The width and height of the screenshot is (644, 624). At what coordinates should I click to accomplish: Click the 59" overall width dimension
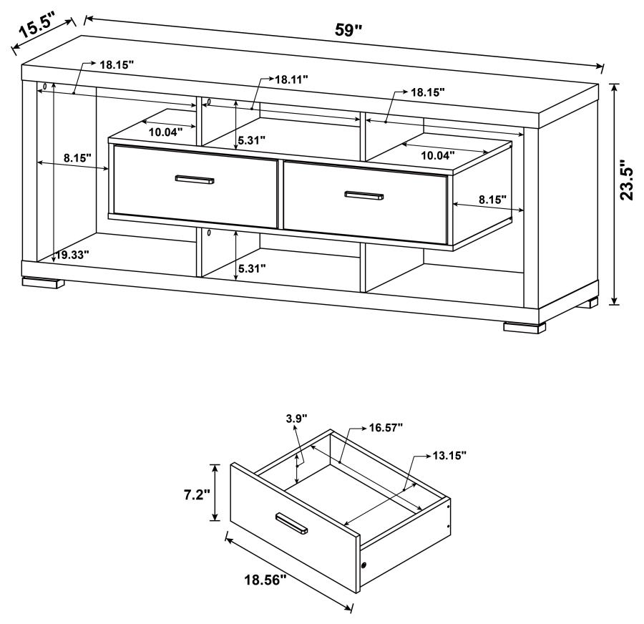[350, 31]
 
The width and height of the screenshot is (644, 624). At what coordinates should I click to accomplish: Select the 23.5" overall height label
[627, 180]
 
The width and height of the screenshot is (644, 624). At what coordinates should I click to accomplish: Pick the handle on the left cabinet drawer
[195, 180]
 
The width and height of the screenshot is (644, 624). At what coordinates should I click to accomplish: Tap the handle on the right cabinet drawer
[364, 195]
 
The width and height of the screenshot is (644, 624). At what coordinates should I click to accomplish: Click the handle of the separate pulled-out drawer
[291, 523]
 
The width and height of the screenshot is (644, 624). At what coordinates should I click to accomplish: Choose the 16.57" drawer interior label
[386, 427]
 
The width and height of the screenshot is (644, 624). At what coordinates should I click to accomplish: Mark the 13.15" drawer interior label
[449, 454]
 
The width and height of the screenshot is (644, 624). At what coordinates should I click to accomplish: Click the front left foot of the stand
[40, 283]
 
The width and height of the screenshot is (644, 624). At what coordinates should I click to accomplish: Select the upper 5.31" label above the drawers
[251, 140]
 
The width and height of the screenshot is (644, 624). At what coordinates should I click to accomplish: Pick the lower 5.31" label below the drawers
[251, 268]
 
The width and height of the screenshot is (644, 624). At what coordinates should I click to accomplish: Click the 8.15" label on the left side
[77, 158]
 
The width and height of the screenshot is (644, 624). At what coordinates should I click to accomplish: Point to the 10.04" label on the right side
[437, 155]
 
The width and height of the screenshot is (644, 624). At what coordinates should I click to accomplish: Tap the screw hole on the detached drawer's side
[366, 566]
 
